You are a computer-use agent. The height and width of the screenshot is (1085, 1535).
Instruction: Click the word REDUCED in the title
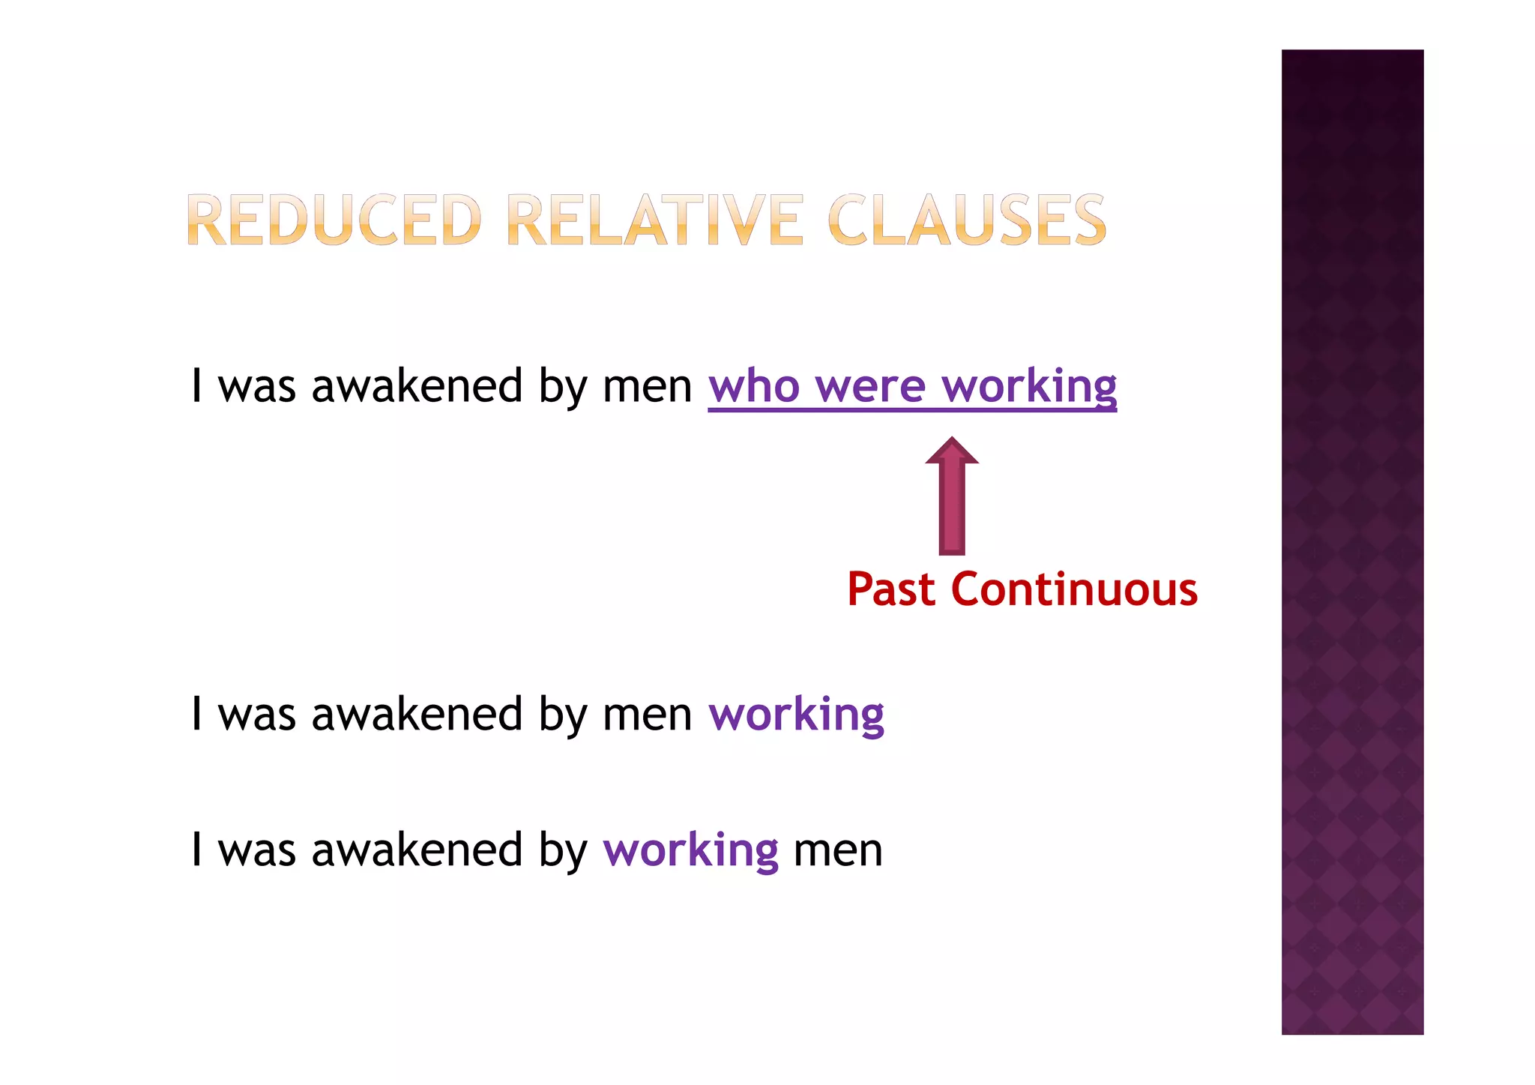333,220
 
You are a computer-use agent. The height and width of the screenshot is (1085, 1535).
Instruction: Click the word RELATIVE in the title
655,220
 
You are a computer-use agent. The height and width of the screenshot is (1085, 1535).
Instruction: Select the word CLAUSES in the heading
967,220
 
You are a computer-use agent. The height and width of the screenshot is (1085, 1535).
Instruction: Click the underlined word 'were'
870,387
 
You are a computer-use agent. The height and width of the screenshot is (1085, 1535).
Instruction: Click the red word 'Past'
891,589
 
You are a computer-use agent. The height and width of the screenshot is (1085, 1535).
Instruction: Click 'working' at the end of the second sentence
796,715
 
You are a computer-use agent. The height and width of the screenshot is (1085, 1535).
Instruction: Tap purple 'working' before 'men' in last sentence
690,850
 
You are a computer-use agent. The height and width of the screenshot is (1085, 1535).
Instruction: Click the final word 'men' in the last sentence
837,850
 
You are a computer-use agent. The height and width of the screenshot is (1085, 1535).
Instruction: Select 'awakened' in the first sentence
417,387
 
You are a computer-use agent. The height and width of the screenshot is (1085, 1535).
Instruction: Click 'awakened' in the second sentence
417,715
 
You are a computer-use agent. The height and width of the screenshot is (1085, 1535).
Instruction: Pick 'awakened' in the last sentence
417,850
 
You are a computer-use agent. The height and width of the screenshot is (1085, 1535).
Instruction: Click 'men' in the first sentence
647,387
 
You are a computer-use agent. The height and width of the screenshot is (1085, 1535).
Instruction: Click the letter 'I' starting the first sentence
196,387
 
